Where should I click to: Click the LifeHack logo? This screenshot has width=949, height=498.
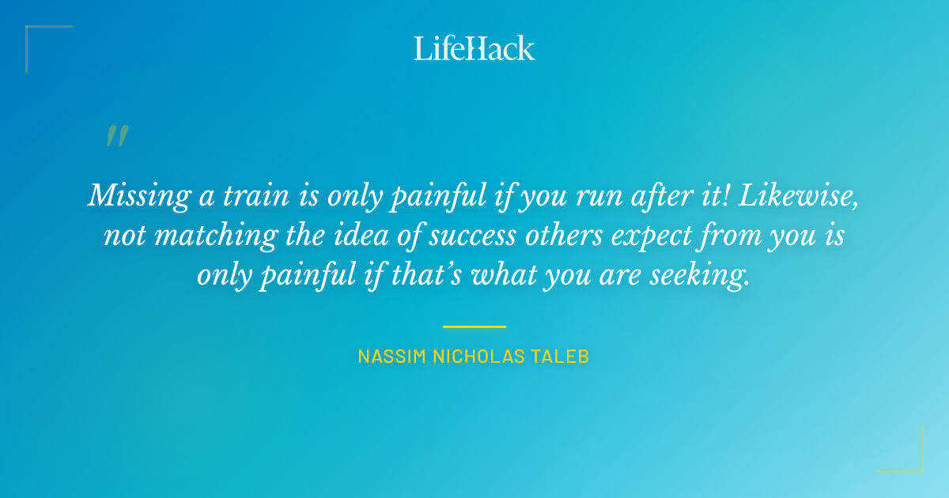tap(475, 48)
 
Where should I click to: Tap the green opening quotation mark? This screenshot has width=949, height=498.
tap(117, 137)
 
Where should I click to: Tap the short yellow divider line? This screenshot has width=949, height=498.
tap(475, 326)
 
